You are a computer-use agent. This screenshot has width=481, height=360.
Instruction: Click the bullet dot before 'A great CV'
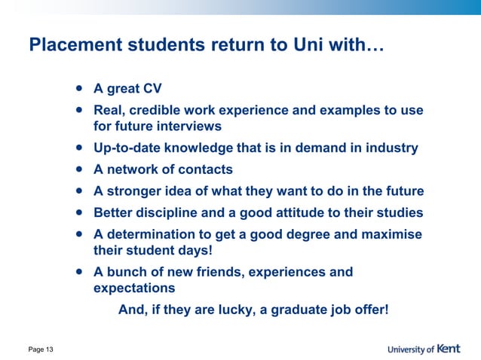click(x=79, y=88)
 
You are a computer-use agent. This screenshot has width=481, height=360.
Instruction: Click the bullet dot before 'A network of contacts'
click(x=79, y=169)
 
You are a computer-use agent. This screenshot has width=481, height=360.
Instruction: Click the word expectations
click(x=134, y=288)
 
